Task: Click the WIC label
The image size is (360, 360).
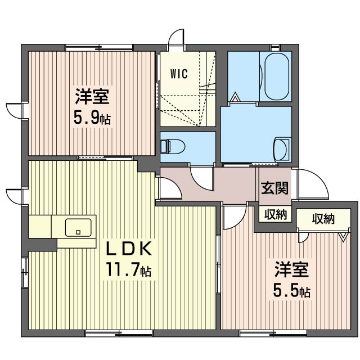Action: click(x=179, y=74)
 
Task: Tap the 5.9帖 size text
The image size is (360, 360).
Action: click(x=92, y=119)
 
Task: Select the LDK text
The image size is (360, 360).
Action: click(x=129, y=248)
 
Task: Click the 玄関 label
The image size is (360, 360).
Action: click(x=275, y=188)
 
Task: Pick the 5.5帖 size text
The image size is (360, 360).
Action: click(x=291, y=291)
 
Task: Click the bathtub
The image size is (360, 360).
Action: click(x=277, y=76)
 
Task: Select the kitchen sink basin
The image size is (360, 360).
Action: click(x=78, y=227)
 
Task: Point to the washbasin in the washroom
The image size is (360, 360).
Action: click(x=281, y=148)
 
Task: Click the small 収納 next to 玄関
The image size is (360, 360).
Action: click(x=276, y=215)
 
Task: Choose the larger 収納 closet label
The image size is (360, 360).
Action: click(x=323, y=219)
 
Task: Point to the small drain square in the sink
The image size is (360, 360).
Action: click(x=78, y=232)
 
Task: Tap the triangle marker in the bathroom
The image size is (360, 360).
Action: click(x=235, y=97)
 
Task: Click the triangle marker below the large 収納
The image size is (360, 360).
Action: click(x=343, y=237)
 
